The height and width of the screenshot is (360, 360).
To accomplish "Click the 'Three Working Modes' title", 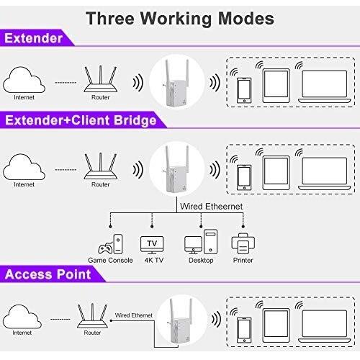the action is click(180, 19).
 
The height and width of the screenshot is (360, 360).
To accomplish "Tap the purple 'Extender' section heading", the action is click(34, 38).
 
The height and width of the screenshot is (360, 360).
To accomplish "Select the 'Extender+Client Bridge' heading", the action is click(81, 120).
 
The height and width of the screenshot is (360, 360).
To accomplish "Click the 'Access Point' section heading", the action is click(48, 274).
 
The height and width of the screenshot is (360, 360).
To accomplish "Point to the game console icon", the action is click(110, 244).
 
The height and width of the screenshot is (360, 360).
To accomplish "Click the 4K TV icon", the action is click(152, 245).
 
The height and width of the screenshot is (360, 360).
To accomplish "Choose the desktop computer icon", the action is click(201, 242).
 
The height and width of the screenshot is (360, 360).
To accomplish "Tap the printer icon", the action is click(243, 243).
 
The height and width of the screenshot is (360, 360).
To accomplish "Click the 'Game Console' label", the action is click(110, 260).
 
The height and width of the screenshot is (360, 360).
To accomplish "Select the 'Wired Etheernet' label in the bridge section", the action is click(211, 207).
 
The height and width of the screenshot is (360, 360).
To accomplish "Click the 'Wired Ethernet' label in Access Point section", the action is click(134, 315).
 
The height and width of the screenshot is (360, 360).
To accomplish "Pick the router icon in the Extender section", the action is click(100, 78).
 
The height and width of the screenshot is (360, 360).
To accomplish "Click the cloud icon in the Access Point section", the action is click(22, 317).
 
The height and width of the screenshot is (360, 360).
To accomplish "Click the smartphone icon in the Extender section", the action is click(244, 91).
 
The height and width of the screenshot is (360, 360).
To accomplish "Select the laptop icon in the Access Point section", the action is click(325, 326).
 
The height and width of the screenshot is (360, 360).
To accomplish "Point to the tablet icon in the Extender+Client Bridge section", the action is click(276, 173).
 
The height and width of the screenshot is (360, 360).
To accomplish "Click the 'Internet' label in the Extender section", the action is click(24, 97).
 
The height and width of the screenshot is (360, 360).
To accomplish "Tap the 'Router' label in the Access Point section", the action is click(92, 333).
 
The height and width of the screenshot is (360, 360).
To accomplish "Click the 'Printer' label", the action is click(243, 260).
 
